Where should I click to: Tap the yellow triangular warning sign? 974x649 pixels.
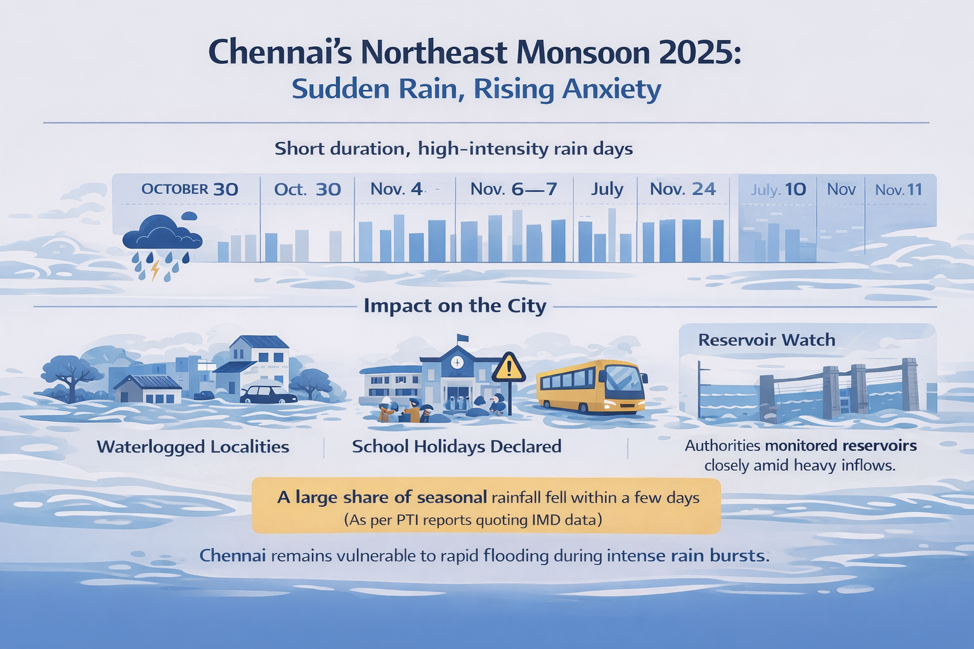coord(508,368)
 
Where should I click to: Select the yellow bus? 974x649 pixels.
coord(591,386)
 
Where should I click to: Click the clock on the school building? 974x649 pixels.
coord(457,362)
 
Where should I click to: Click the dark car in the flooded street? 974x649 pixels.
coord(268,394)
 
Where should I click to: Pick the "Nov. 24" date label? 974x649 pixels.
coord(683,189)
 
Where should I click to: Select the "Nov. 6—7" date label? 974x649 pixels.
coord(514,189)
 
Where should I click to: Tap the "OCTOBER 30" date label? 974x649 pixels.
coord(190,189)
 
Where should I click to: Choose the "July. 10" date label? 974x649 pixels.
coord(778,190)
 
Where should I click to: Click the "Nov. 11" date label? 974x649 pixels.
coord(899,190)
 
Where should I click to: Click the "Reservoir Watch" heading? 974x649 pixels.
coord(767,340)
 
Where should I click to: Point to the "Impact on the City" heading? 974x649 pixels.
coord(455,306)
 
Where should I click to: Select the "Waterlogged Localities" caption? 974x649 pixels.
coord(193,447)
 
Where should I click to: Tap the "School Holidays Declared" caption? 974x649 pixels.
coord(457,447)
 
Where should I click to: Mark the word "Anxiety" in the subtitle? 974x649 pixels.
coord(611,89)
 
